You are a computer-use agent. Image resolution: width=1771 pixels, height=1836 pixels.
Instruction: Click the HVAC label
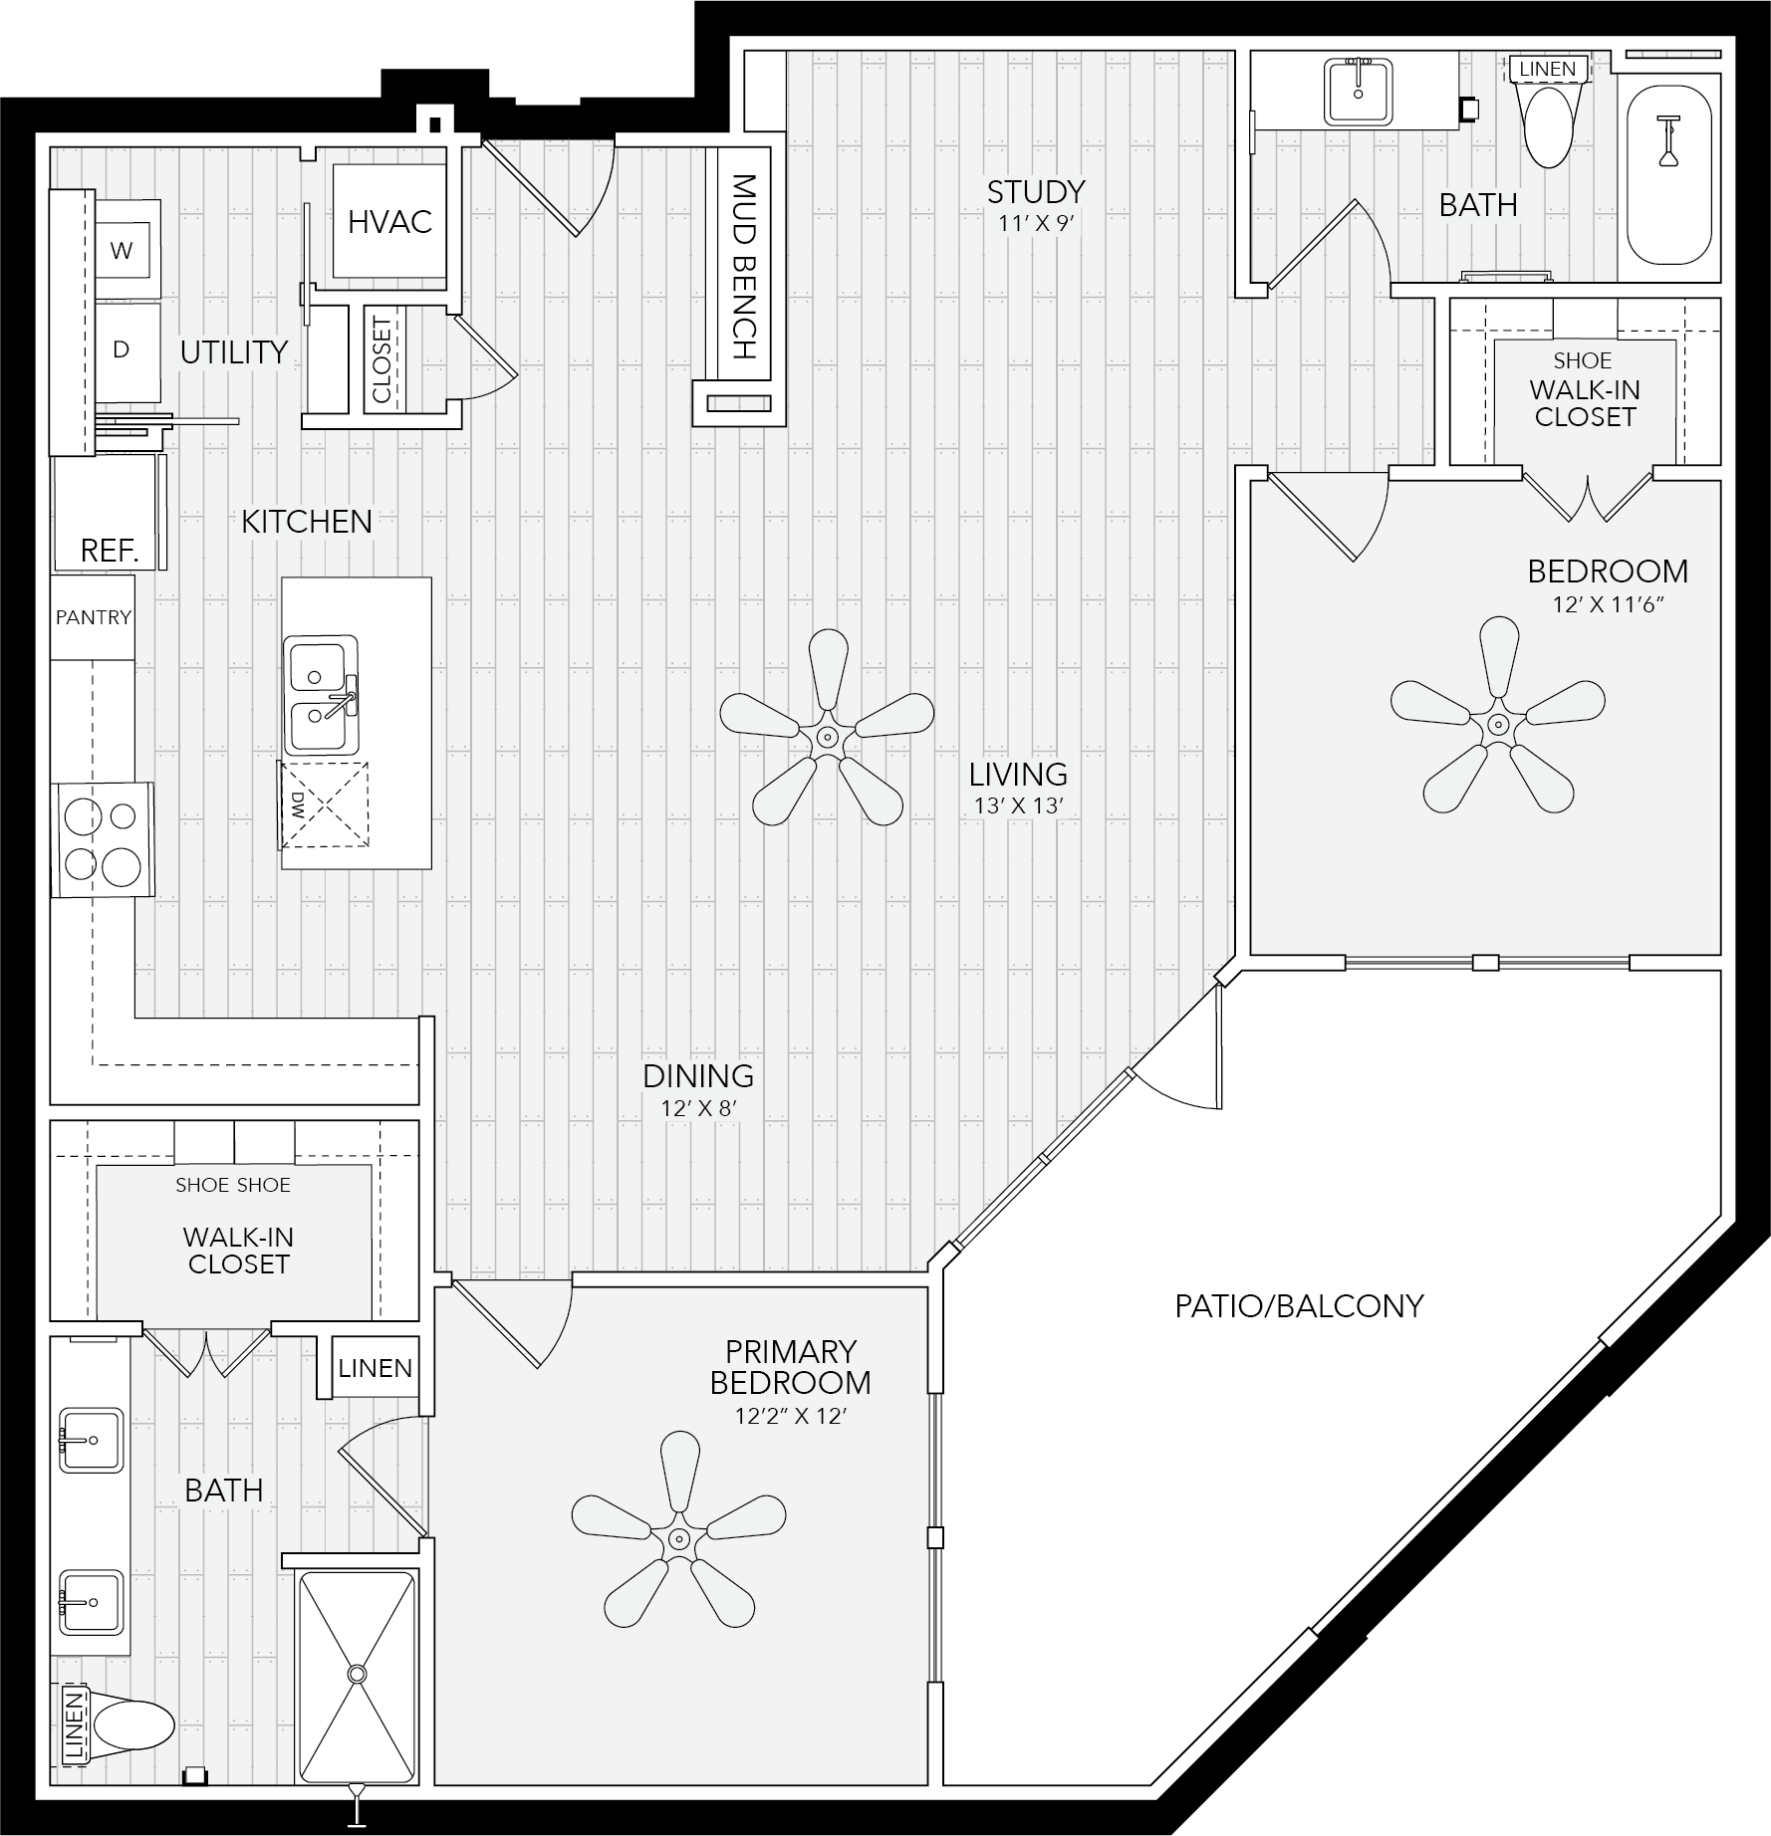click(x=389, y=221)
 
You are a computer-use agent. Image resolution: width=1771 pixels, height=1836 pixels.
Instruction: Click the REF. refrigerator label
click(x=110, y=550)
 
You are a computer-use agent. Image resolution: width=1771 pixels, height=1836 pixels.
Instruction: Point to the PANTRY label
click(x=94, y=617)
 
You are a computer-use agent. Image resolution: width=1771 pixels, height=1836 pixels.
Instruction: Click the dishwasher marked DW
click(x=323, y=804)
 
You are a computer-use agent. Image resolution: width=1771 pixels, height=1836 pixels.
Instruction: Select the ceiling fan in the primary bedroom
click(x=678, y=1532)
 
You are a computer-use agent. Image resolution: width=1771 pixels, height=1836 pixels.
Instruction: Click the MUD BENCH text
click(x=745, y=266)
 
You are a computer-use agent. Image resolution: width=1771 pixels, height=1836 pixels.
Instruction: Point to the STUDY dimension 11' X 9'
click(x=1035, y=223)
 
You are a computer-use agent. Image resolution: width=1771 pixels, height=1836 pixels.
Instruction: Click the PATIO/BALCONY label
click(x=1299, y=1305)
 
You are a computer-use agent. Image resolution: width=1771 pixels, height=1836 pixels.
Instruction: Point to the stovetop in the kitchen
click(x=104, y=839)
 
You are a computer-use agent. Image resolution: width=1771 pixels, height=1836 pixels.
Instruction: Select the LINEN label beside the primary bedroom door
click(x=376, y=1368)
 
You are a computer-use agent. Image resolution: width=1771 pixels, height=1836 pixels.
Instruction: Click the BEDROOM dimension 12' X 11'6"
click(x=1608, y=604)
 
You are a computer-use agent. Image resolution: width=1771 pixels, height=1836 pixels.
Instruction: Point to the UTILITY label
click(x=233, y=351)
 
